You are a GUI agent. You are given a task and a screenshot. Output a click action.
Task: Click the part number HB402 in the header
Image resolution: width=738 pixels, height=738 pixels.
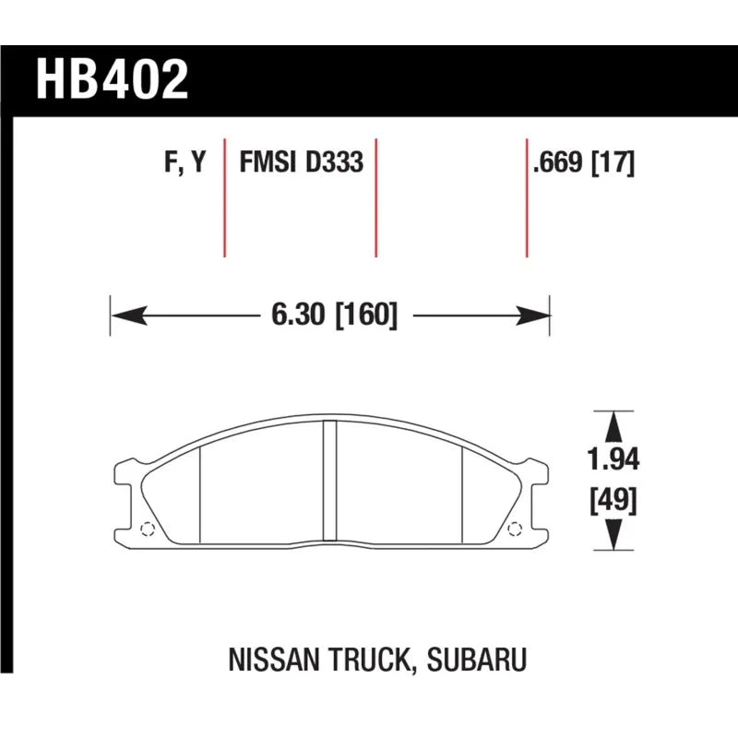112,79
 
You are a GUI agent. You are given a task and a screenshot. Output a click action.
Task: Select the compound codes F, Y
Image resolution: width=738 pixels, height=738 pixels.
185,162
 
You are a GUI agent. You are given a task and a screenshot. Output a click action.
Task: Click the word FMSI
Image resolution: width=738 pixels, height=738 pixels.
268,162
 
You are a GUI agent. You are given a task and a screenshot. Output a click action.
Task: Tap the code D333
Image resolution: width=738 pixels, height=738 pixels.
335,162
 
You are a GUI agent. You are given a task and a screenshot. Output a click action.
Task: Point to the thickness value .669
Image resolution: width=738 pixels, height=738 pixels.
558,162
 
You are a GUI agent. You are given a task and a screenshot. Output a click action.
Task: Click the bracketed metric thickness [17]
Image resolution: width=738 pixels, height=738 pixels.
613,163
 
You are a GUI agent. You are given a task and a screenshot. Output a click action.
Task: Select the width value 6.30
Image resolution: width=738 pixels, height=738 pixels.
298,315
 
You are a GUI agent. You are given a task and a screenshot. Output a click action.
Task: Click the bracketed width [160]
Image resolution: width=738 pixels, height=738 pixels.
366,315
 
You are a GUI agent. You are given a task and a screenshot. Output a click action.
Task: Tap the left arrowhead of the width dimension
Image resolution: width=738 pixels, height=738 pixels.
129,315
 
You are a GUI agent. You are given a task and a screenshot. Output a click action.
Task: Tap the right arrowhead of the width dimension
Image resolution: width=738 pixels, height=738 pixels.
532,315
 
